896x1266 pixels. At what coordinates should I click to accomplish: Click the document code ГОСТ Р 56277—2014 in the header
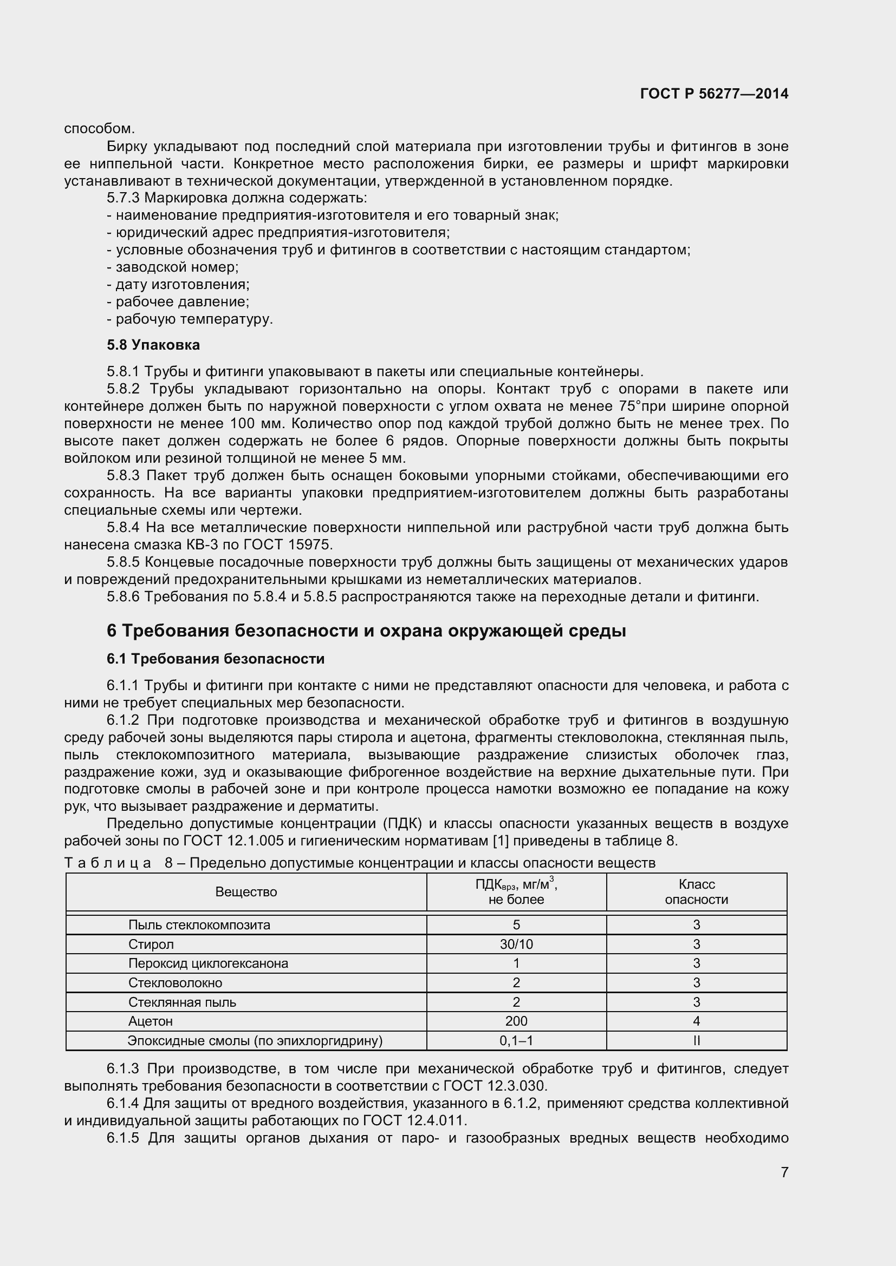click(x=714, y=94)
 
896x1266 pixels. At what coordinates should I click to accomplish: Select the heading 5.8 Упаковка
click(x=153, y=345)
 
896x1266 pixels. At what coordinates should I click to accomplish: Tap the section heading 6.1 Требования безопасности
click(x=215, y=659)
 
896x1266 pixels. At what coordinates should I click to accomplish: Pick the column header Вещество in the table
click(x=246, y=892)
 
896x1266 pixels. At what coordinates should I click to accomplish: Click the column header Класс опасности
click(x=696, y=892)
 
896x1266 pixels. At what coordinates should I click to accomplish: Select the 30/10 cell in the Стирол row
click(x=516, y=944)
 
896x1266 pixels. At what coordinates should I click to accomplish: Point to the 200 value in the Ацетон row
click(x=516, y=1021)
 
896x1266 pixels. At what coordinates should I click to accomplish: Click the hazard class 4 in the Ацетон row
click(x=696, y=1021)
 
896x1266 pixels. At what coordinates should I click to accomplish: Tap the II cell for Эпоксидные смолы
click(x=696, y=1040)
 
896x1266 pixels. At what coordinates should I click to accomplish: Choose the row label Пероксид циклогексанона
click(x=208, y=963)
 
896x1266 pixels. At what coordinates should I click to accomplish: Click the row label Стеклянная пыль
click(x=182, y=1002)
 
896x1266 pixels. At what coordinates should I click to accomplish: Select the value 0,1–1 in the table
click(x=516, y=1040)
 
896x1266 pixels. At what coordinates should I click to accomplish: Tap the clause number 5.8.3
click(x=124, y=475)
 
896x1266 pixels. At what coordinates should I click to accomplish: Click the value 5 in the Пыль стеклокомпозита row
click(x=516, y=925)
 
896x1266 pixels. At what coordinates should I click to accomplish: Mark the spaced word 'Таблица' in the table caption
click(x=108, y=863)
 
